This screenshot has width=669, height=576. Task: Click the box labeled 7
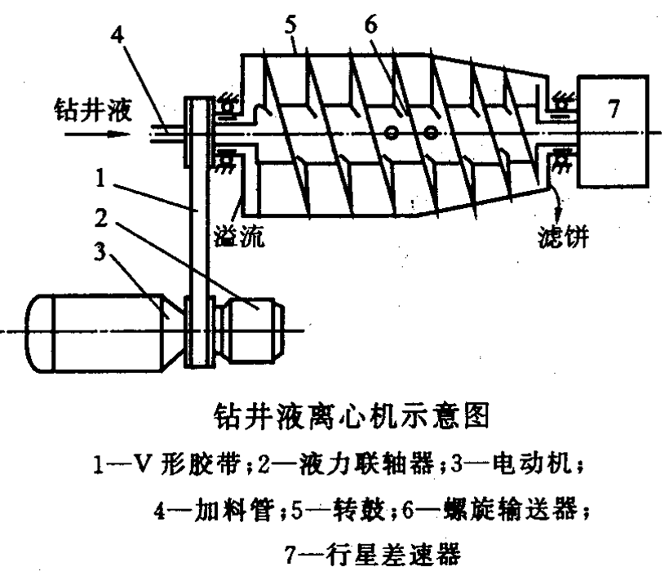[613, 131]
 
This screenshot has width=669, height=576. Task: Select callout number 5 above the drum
[290, 24]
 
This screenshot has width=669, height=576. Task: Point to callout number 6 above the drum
[370, 24]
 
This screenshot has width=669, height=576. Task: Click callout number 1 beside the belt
[100, 178]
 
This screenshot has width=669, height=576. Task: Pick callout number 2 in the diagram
[101, 218]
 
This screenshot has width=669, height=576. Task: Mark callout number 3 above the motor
[100, 252]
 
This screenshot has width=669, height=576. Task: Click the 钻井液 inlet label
[92, 110]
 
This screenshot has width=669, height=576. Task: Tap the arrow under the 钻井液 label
[97, 135]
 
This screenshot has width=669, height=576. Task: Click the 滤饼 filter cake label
[563, 236]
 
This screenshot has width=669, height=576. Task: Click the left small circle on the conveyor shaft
[392, 134]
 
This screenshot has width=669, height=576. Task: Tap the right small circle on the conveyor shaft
[431, 134]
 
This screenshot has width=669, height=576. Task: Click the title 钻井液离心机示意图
[352, 415]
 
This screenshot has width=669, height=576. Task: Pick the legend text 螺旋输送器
[510, 510]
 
